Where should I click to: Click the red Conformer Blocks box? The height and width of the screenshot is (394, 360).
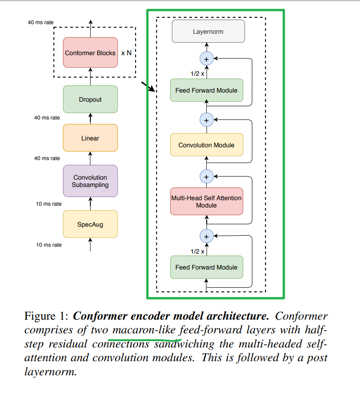[x=90, y=53]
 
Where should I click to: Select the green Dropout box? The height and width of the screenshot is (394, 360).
[x=90, y=99]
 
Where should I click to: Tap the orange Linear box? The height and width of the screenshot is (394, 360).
[x=90, y=138]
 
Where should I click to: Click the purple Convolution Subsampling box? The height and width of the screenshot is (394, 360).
[x=90, y=181]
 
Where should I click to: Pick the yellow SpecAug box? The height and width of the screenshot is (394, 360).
[x=90, y=224]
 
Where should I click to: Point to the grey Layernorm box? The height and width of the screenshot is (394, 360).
[x=208, y=32]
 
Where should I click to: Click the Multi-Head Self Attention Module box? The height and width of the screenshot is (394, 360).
[x=206, y=202]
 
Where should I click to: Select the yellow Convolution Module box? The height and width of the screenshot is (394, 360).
[x=206, y=145]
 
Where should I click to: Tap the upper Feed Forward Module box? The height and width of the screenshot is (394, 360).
[x=206, y=90]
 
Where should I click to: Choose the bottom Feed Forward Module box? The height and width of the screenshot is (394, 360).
[x=206, y=267]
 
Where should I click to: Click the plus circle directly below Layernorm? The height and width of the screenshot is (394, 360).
[x=206, y=59]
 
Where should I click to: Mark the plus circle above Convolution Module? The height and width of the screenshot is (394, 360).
[x=206, y=120]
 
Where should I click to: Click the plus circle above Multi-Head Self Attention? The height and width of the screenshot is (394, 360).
[x=206, y=176]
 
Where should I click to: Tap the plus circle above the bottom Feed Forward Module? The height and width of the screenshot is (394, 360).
[x=206, y=236]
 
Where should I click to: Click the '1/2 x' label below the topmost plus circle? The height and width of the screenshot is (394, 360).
[x=197, y=73]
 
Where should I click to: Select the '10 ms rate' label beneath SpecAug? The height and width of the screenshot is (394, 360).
[x=49, y=245]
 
